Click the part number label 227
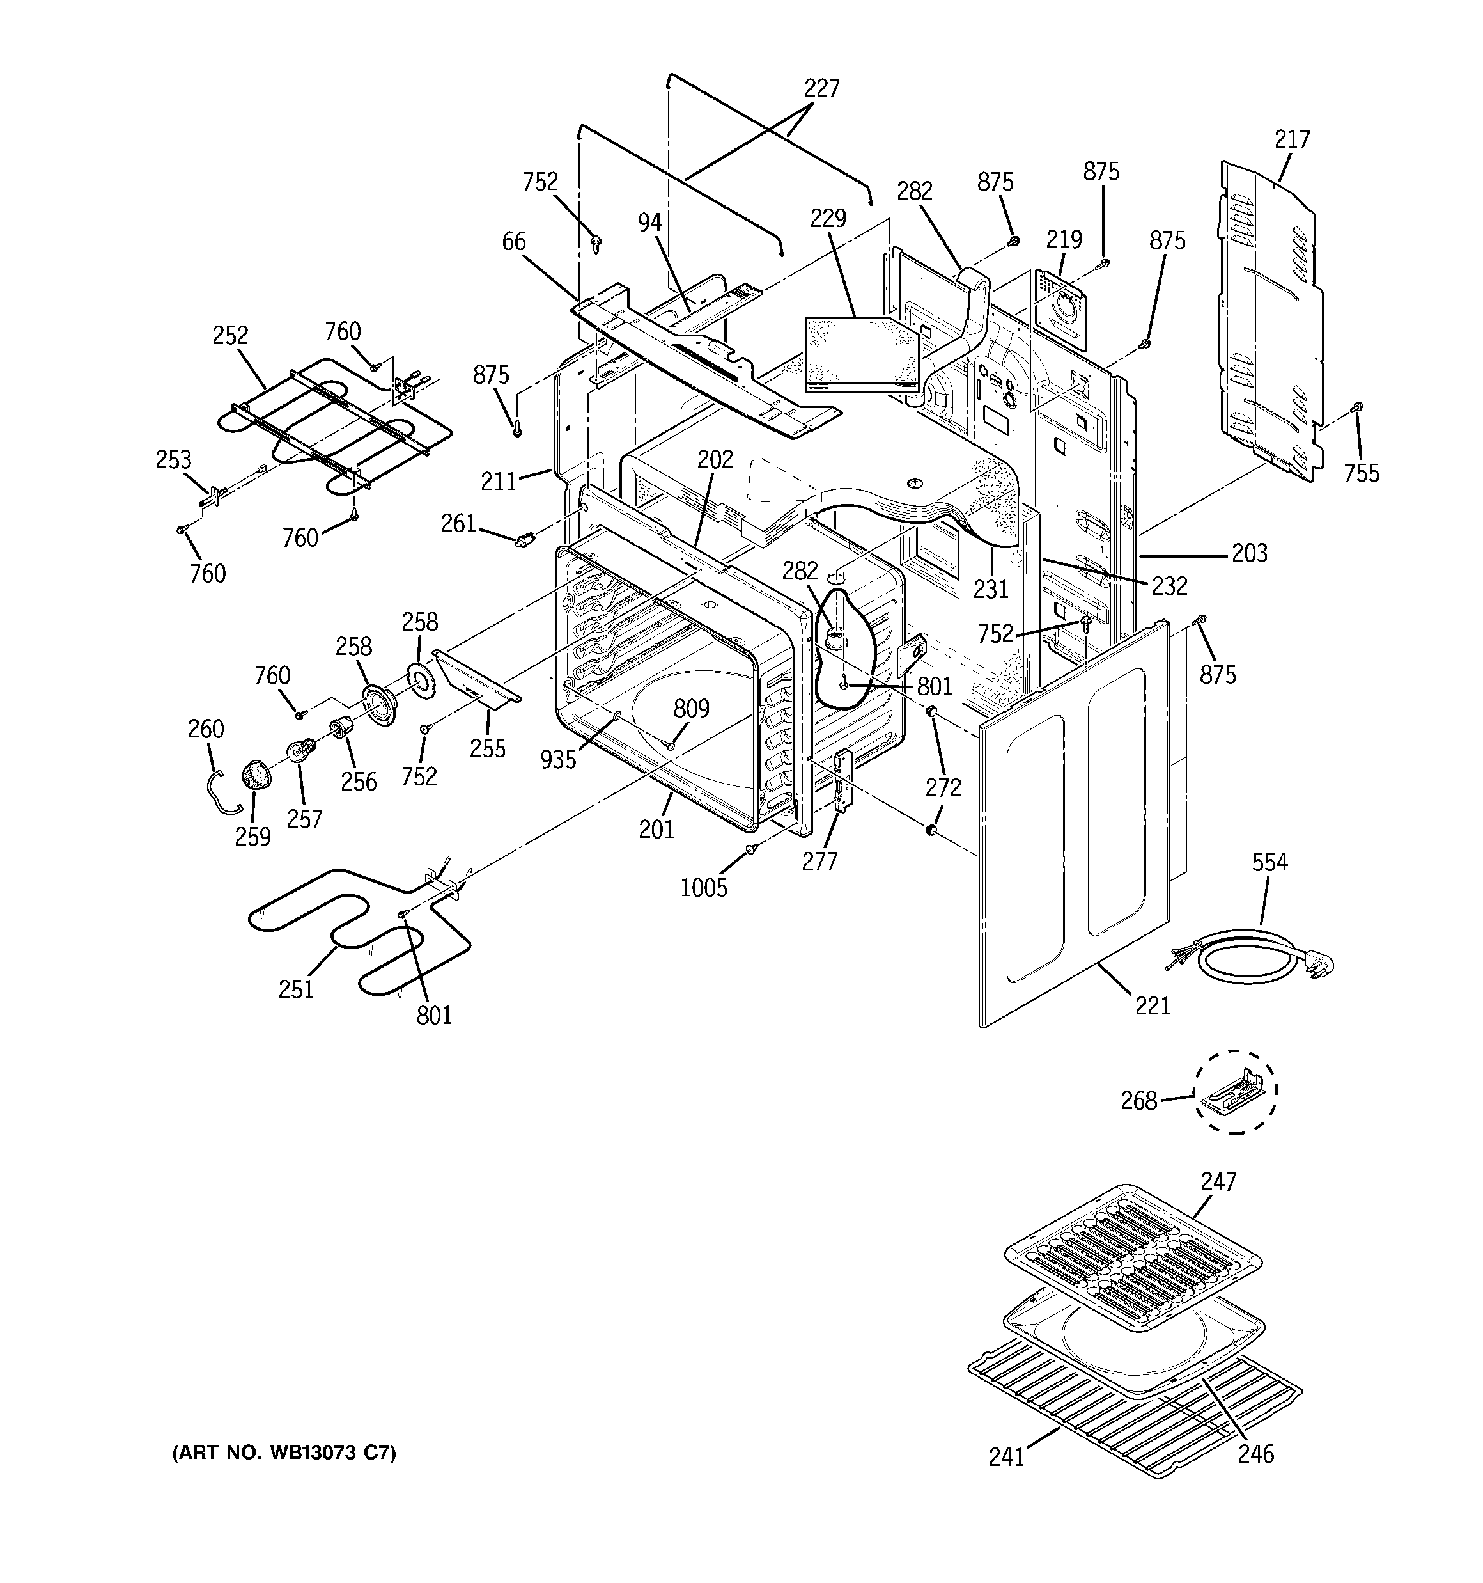(821, 88)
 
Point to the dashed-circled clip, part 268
(1233, 1092)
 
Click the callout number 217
(1291, 140)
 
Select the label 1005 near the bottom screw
(704, 887)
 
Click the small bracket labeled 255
(476, 677)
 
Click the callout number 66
(513, 241)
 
